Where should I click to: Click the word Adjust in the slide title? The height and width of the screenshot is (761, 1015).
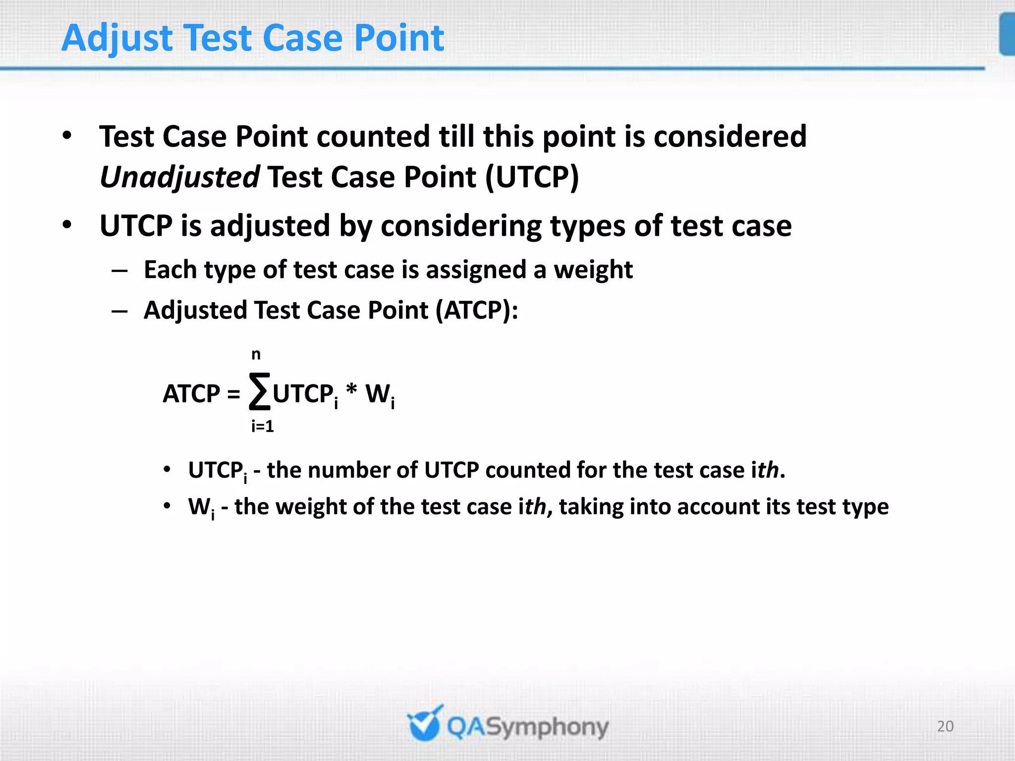(x=117, y=39)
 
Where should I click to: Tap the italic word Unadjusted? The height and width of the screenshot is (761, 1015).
(x=179, y=177)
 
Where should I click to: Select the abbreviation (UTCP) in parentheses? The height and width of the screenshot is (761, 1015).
(x=532, y=177)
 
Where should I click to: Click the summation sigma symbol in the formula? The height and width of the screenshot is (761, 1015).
(x=260, y=392)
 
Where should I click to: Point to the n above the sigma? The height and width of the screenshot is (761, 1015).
(x=256, y=355)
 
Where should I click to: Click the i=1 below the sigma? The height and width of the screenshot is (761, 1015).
(x=262, y=426)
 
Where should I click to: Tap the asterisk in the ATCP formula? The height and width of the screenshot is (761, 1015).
(x=351, y=391)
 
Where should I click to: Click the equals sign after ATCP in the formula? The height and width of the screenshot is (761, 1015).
(x=233, y=394)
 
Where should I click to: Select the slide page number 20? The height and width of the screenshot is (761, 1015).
(x=945, y=726)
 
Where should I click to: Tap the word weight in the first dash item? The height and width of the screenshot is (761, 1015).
(x=593, y=270)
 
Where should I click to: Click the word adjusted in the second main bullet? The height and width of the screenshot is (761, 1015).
(x=270, y=226)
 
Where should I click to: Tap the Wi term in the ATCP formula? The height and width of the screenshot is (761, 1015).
(x=380, y=395)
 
